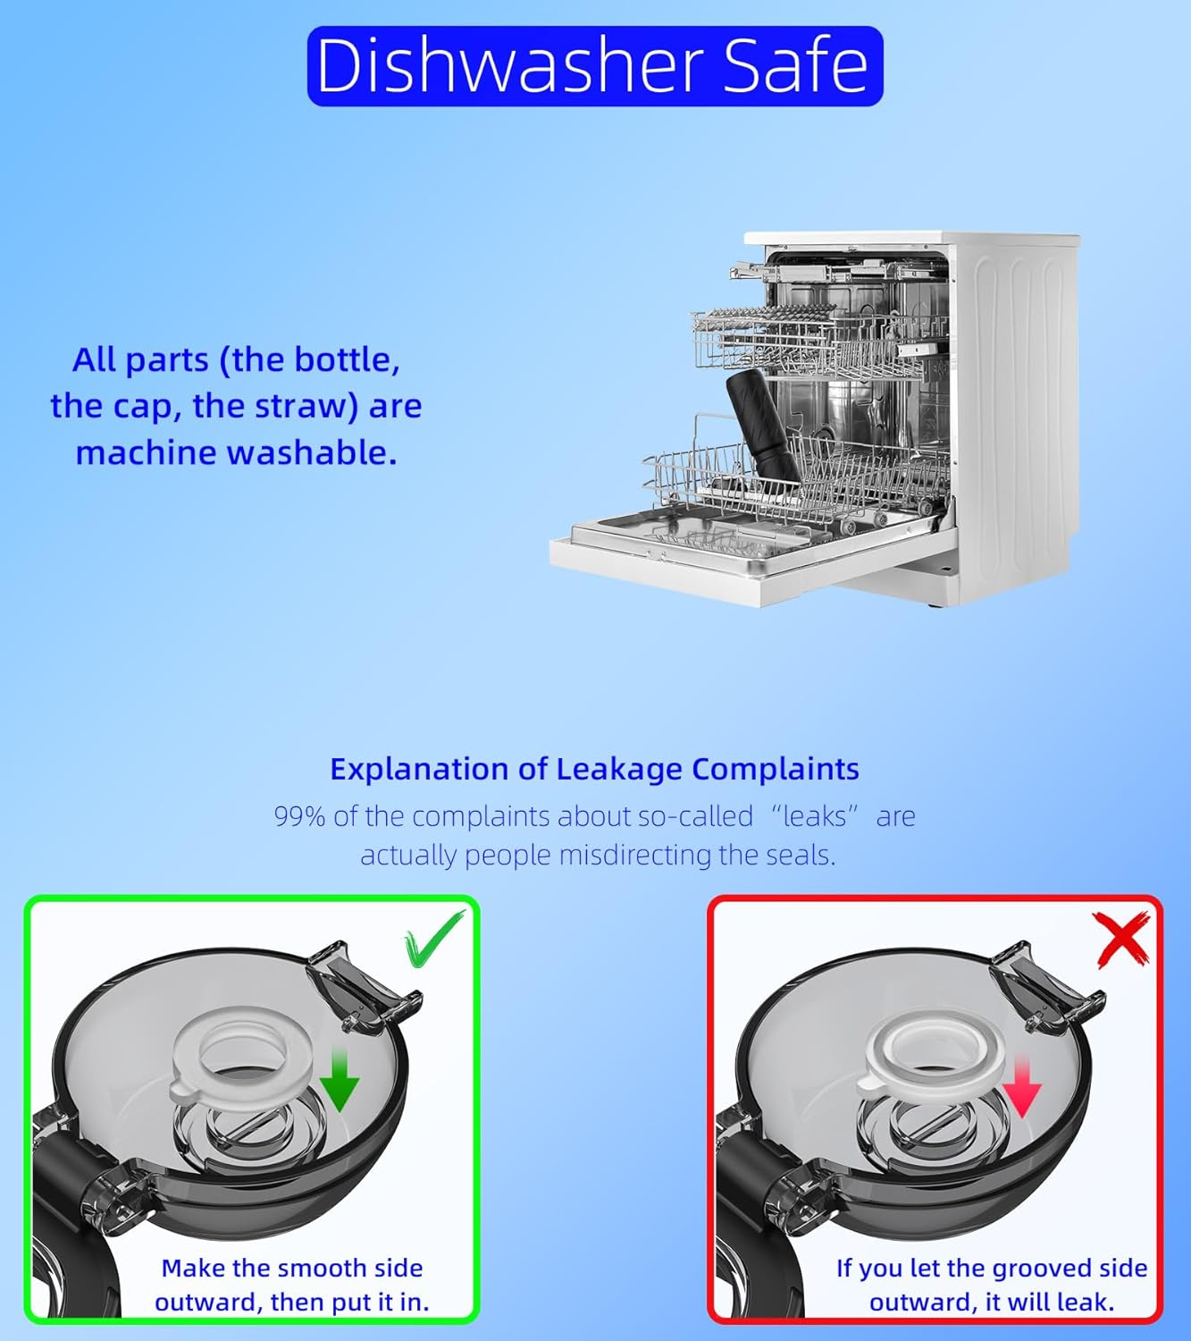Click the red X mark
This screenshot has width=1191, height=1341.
click(1121, 940)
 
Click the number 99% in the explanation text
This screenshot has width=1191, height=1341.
click(299, 817)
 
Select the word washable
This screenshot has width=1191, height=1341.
click(312, 453)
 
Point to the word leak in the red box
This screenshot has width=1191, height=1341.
click(1086, 1303)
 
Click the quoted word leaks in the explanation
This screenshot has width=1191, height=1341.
click(815, 817)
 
